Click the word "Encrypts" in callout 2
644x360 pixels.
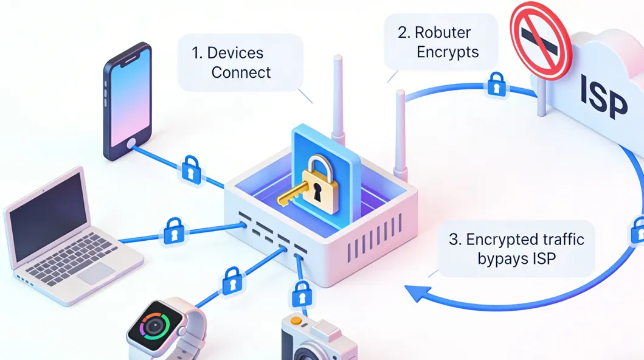(448, 52)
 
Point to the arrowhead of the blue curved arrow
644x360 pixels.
(415, 292)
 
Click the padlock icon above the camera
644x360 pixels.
(300, 296)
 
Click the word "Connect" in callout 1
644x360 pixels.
(241, 72)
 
